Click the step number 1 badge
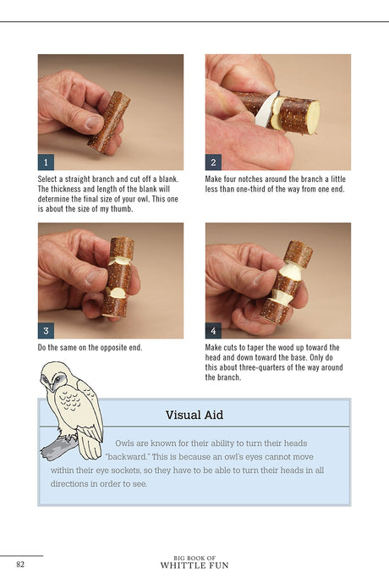click(x=46, y=163)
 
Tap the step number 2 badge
click(x=213, y=163)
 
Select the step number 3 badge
click(x=46, y=331)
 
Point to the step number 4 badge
click(x=213, y=331)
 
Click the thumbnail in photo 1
click(x=93, y=122)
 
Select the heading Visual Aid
click(x=194, y=415)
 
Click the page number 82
click(x=20, y=565)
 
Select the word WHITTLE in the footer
click(x=181, y=565)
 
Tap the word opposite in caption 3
click(x=107, y=348)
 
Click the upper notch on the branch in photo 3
click(x=120, y=260)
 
